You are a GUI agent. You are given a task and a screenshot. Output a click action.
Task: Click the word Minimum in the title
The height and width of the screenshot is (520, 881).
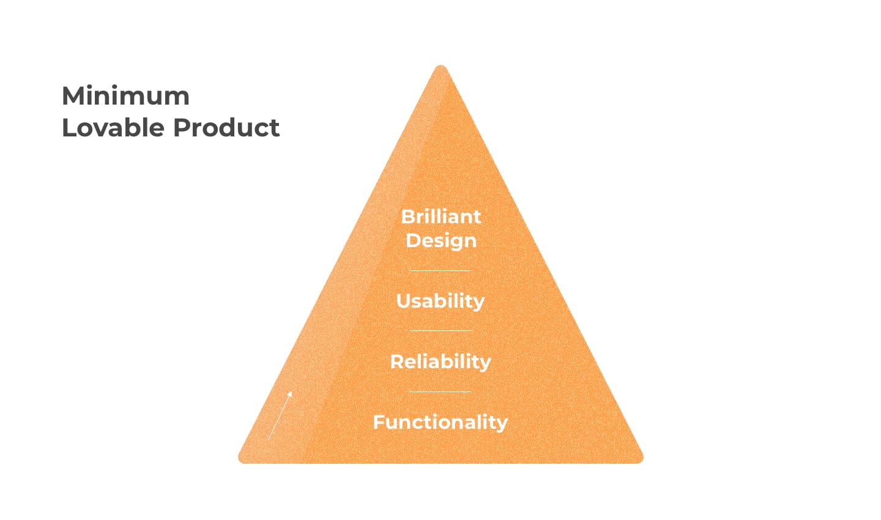pos(126,96)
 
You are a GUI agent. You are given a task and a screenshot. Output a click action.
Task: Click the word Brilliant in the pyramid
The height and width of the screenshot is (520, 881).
pos(441,217)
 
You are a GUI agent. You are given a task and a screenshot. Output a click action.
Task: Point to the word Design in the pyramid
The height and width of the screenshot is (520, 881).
pos(441,241)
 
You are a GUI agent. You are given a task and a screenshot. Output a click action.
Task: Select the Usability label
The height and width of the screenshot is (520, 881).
pos(441,302)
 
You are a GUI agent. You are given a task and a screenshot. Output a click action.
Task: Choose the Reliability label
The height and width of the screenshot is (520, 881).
pos(441,362)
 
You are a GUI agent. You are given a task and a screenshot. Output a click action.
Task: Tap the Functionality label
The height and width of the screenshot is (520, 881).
pos(441,423)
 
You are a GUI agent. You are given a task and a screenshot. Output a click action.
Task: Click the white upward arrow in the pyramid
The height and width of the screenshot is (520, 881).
pos(280,415)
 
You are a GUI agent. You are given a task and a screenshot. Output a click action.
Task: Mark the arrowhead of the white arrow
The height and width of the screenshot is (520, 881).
pos(290,394)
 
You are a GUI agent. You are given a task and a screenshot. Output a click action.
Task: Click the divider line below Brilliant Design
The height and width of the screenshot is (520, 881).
pos(441,270)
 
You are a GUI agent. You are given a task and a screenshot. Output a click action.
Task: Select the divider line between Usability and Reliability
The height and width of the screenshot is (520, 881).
pos(441,331)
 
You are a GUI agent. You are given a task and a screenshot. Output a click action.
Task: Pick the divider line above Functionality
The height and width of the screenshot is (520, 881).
pos(441,392)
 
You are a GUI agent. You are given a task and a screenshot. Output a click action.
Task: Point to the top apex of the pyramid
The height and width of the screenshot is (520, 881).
pos(441,66)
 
